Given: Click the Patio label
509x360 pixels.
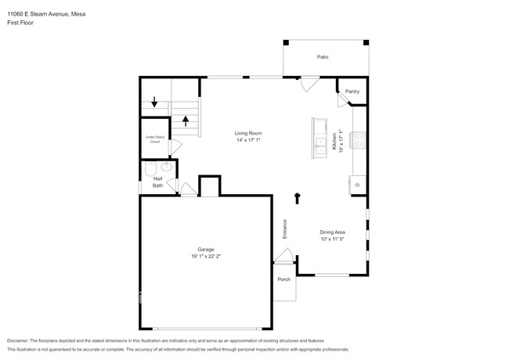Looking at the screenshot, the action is (x=323, y=57).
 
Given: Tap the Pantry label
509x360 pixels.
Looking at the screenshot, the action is (x=352, y=92).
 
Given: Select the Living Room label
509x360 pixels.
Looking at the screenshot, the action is (x=248, y=133).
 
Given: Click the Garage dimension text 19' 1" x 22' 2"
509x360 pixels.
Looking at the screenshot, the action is (x=206, y=256).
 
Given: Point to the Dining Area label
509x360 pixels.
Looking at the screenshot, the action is (x=332, y=232).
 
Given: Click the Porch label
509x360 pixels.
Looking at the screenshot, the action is (x=284, y=279).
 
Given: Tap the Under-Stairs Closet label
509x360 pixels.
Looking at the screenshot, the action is (x=155, y=139).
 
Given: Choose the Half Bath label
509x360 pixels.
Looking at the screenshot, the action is (x=157, y=182).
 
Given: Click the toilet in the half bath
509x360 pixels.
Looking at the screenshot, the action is (x=150, y=168).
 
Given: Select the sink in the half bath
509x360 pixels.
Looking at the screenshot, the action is (x=167, y=167).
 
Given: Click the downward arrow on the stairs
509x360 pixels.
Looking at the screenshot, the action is (x=154, y=102).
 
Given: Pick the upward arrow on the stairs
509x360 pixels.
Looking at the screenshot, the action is (x=186, y=121).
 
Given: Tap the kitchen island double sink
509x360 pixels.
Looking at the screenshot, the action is (x=321, y=146).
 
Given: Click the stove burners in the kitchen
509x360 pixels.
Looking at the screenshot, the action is (x=358, y=140).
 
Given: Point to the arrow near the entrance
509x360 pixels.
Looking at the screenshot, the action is (x=297, y=199).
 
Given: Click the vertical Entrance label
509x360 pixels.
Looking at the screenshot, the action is (x=285, y=229).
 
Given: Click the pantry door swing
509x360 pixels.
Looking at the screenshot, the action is (x=342, y=99).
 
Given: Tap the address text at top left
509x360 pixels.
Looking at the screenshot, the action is (x=46, y=14).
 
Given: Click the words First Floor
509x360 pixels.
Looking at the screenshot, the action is (x=20, y=23).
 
